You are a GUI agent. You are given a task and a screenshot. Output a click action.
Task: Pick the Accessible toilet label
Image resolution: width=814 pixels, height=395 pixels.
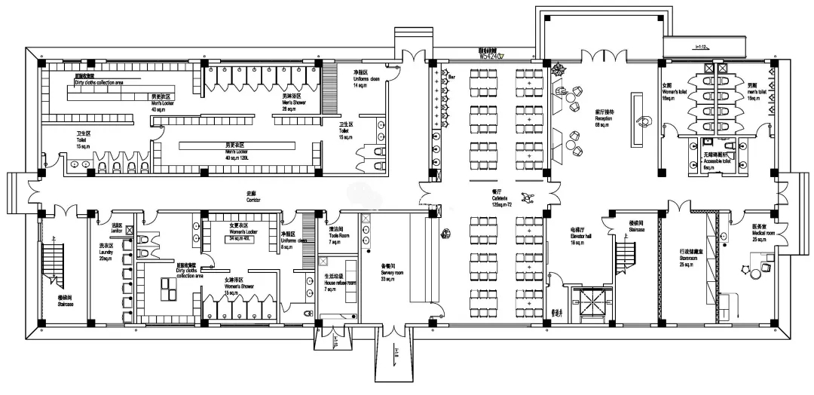coord(716,161)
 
